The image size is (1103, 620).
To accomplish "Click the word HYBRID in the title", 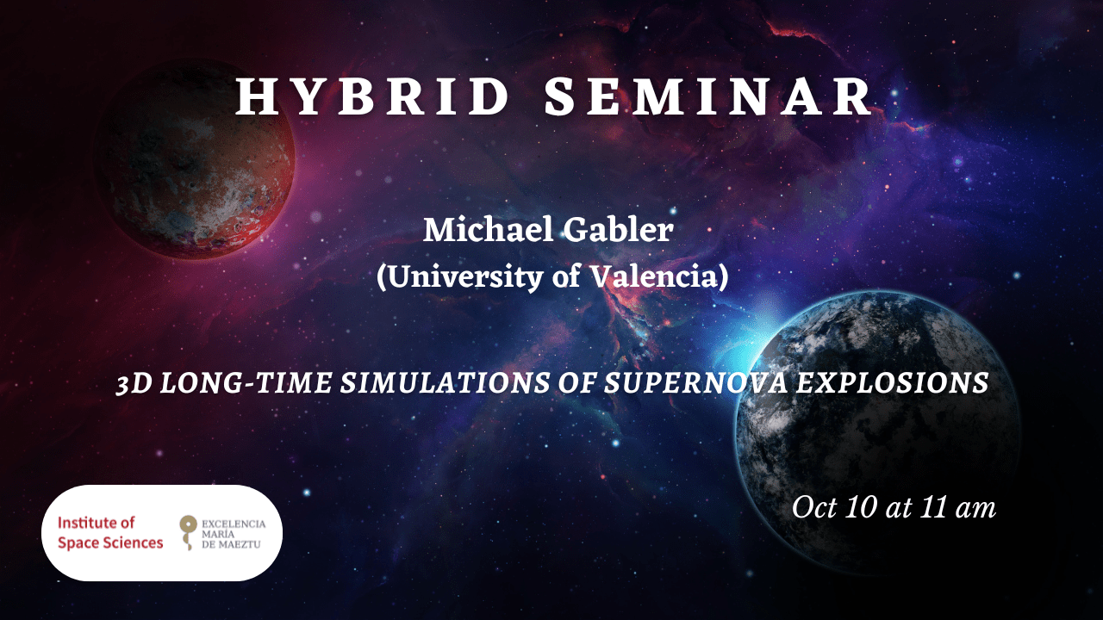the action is [x=372, y=97].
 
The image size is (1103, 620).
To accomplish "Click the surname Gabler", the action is [x=618, y=230].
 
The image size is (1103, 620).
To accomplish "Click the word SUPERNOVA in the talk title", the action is [x=695, y=383].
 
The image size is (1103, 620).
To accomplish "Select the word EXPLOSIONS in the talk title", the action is [x=892, y=383].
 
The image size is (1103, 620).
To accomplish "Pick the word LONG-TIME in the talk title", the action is [x=246, y=383].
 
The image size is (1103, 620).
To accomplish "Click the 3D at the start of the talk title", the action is [x=134, y=383].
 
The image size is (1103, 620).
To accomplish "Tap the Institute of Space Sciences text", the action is [x=110, y=532].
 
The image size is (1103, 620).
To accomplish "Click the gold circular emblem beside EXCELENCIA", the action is [x=189, y=526].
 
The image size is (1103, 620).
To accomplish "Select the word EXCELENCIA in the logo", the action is [x=234, y=524].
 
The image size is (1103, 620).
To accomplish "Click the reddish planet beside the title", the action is [x=195, y=158].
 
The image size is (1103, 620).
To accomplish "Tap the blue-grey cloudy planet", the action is [x=877, y=433].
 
